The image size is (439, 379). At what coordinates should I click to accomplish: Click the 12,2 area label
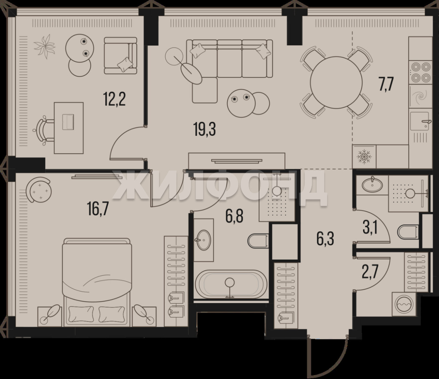(x=114, y=99)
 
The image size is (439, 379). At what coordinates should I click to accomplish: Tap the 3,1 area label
(x=370, y=227)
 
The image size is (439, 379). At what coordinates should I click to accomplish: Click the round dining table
(x=336, y=82)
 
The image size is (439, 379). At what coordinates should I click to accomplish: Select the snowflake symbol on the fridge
(x=364, y=157)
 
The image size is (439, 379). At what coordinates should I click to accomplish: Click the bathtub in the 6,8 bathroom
(x=231, y=284)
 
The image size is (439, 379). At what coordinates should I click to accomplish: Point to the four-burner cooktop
(x=420, y=72)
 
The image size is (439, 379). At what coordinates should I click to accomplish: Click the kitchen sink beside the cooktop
(x=420, y=121)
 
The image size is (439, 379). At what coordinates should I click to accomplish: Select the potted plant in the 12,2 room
(x=45, y=46)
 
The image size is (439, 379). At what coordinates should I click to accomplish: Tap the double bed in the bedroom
(x=97, y=282)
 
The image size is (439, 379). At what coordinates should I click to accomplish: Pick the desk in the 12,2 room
(x=68, y=128)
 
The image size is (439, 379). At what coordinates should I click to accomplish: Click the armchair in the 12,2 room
(x=120, y=56)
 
